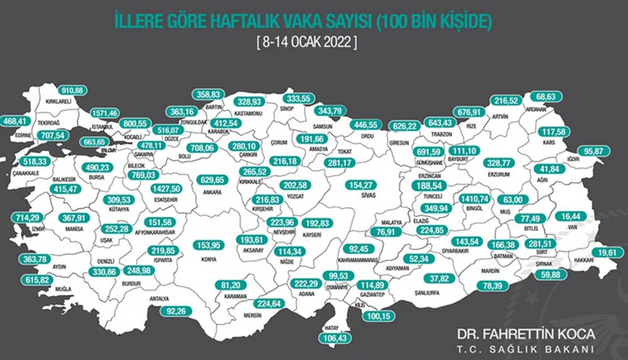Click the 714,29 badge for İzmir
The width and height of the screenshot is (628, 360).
[28, 217]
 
